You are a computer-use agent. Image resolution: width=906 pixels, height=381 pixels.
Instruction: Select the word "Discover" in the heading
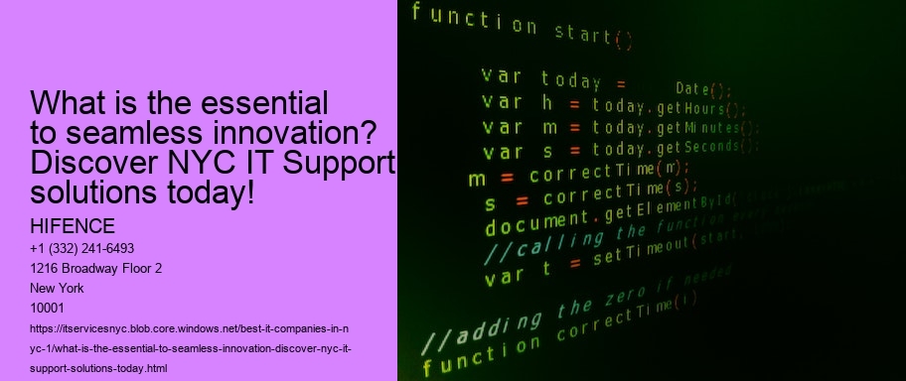point(95,162)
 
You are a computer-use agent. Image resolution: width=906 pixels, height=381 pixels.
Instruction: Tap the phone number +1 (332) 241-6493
point(83,248)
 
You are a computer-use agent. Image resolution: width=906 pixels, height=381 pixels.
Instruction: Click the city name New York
point(59,288)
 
